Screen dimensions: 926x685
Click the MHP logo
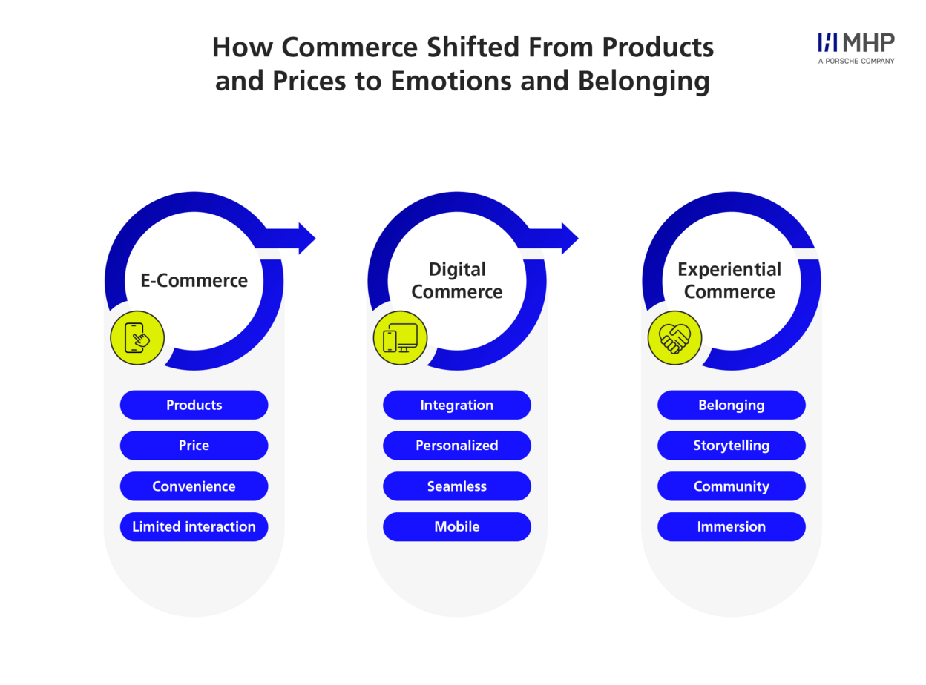click(x=856, y=48)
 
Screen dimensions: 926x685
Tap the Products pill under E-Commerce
click(x=194, y=405)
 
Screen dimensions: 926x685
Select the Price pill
click(x=194, y=445)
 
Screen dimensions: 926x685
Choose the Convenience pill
click(x=194, y=486)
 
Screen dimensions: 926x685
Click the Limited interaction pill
click(x=194, y=526)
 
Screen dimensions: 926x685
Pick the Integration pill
click(x=457, y=405)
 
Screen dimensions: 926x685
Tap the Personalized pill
click(x=457, y=445)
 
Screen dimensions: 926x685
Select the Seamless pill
click(x=457, y=486)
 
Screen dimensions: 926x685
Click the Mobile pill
click(x=457, y=526)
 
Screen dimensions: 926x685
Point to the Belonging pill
click(x=731, y=405)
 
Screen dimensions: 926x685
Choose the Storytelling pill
click(x=731, y=445)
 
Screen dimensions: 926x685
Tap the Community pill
click(x=731, y=486)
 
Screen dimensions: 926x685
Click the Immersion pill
click(x=731, y=526)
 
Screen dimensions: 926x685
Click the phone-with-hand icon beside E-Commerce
click(x=137, y=337)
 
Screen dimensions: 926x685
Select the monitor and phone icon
click(x=400, y=337)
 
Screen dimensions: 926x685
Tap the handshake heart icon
click(x=674, y=337)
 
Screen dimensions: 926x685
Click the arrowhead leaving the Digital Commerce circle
click(x=570, y=238)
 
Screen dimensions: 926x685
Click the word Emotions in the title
click(x=451, y=81)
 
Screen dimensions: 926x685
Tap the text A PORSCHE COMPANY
click(x=856, y=61)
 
